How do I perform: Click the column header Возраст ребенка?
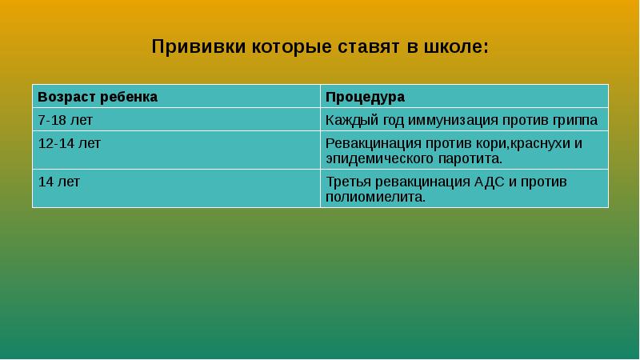[x=98, y=97]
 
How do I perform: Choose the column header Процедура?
[x=365, y=97]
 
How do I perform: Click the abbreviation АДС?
[x=490, y=182]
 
